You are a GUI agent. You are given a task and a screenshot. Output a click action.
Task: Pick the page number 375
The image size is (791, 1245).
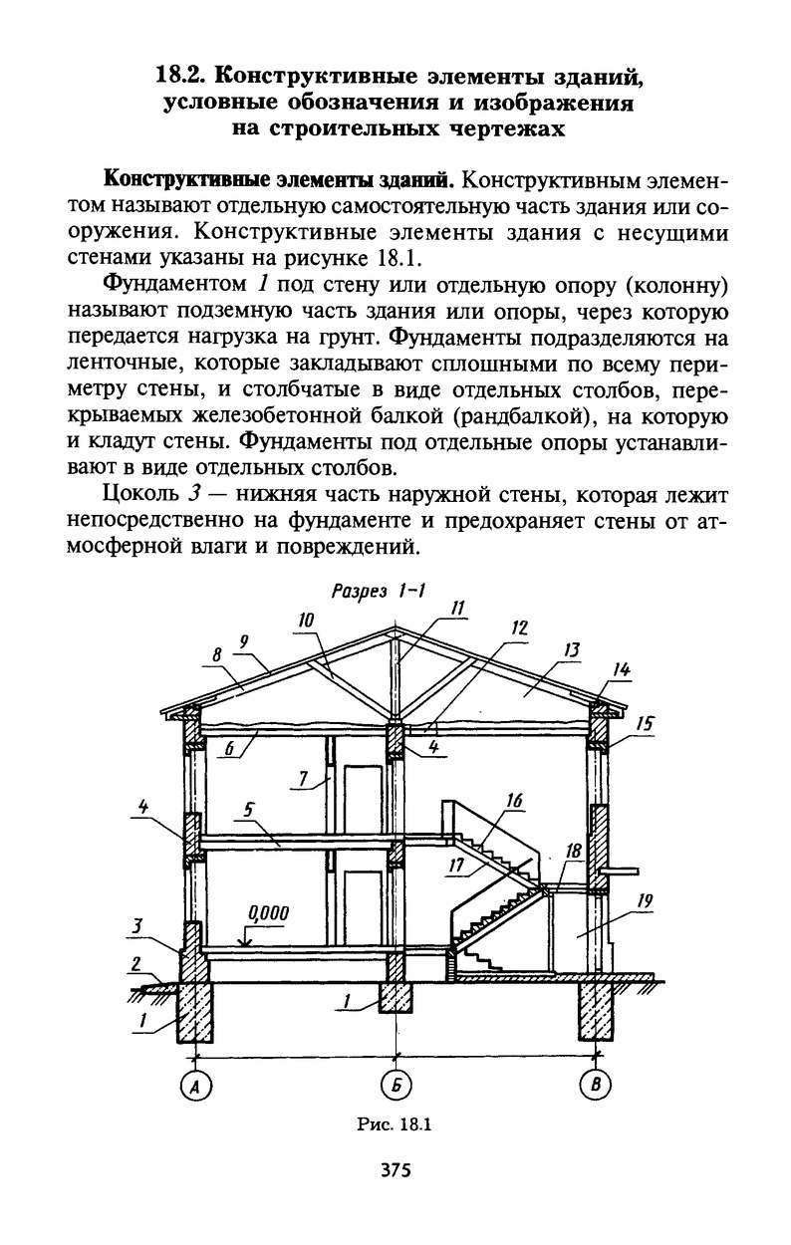click(395, 1170)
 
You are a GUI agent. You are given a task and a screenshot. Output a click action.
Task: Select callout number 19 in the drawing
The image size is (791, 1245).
click(645, 901)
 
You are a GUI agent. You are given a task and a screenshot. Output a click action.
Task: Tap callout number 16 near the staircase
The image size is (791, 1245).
click(514, 800)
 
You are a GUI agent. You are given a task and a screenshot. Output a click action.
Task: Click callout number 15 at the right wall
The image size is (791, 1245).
click(645, 724)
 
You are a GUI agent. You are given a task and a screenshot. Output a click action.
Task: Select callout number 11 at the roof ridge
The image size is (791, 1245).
click(457, 607)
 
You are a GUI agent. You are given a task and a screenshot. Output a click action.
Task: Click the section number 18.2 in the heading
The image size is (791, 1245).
click(180, 75)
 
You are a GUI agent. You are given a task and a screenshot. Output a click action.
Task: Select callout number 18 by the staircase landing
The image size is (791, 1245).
click(573, 851)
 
